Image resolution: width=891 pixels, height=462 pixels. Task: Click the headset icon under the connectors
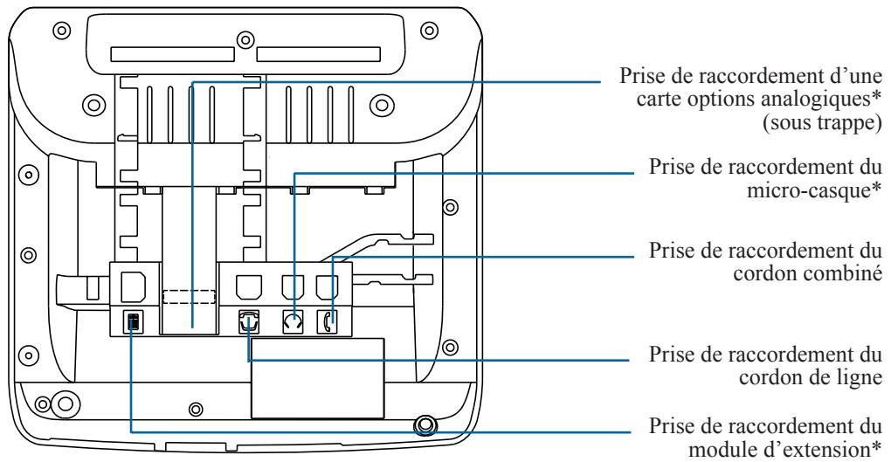(294, 322)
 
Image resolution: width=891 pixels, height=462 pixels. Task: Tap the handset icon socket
(327, 322)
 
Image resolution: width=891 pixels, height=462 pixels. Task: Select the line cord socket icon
(249, 321)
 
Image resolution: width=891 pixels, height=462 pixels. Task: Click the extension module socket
(134, 322)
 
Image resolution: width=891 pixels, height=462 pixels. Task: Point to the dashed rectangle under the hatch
(189, 297)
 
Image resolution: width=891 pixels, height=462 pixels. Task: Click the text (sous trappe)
(821, 123)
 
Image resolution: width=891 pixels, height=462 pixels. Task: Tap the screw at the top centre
(245, 40)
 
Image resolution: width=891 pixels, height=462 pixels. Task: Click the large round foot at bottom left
(65, 403)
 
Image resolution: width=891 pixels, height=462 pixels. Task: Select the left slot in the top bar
(172, 54)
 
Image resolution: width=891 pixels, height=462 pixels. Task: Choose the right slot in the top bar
(318, 54)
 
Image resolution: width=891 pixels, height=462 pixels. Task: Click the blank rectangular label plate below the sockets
(318, 378)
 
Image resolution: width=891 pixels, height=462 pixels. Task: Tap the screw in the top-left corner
(61, 30)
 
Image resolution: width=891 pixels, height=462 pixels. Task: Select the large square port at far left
(134, 286)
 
